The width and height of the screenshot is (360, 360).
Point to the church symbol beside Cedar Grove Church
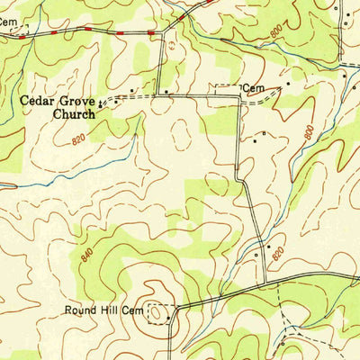[101, 106]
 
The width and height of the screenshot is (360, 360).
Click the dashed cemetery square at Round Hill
[159, 312]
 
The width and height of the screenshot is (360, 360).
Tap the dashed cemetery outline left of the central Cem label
[225, 88]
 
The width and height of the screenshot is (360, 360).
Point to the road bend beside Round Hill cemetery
[176, 307]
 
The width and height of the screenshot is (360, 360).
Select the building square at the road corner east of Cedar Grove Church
[165, 92]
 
